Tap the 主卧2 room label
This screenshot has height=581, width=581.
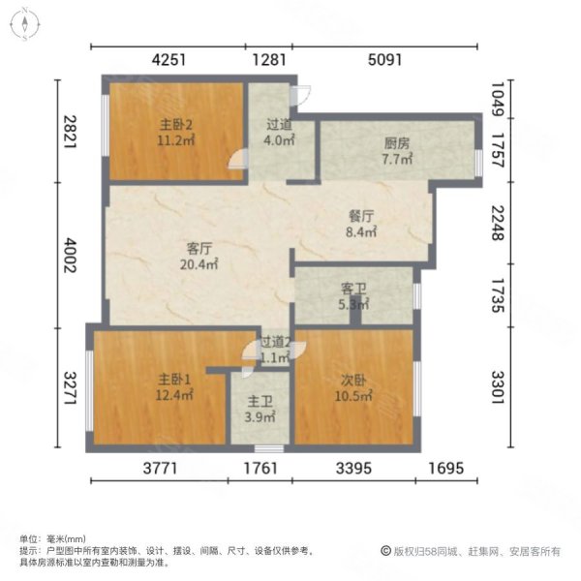click(178, 132)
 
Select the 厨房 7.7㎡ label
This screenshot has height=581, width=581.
click(396, 150)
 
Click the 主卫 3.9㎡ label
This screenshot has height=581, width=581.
click(259, 409)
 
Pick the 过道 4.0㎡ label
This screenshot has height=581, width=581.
click(281, 132)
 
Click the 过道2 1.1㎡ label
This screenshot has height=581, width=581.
click(275, 349)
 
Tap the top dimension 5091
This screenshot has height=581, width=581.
click(384, 60)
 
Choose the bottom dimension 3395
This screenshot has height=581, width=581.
click(354, 469)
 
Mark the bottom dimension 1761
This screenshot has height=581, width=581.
click(259, 469)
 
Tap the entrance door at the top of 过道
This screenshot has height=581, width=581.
click(301, 94)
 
